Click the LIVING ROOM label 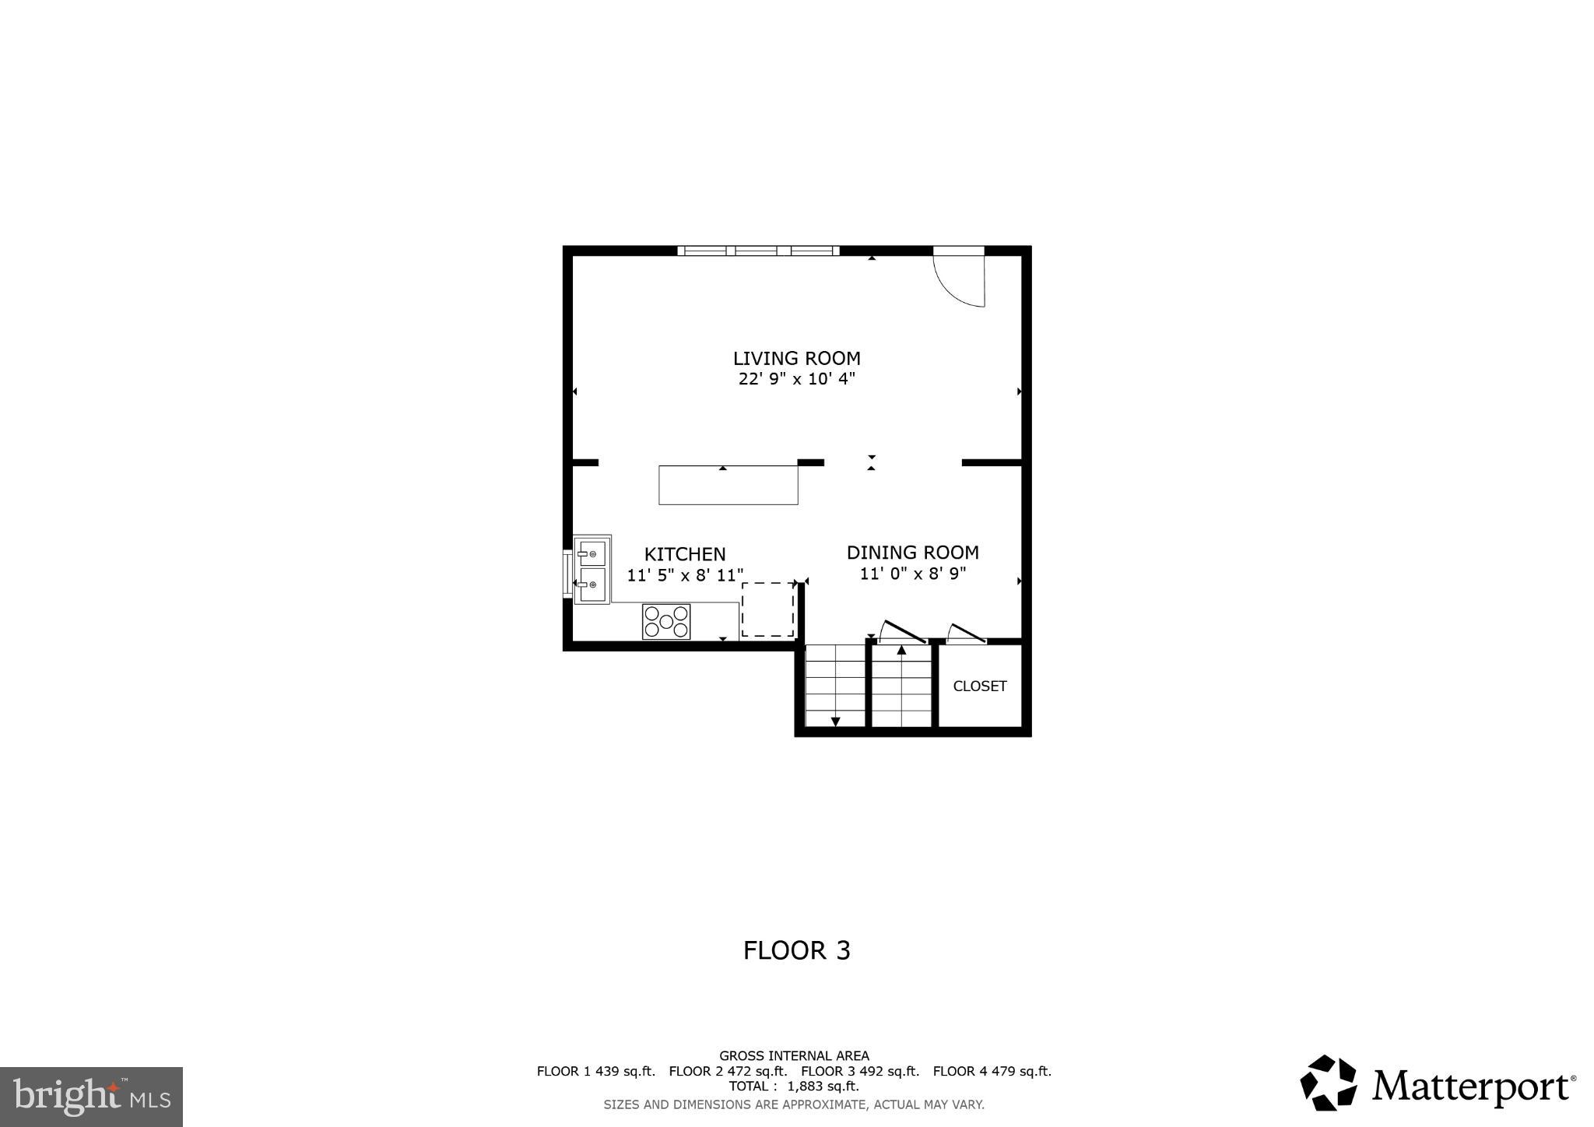click(796, 359)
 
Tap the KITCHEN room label click(685, 554)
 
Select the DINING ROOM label click(912, 553)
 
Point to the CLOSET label click(980, 686)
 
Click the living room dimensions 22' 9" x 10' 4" click(796, 380)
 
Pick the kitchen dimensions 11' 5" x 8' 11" click(685, 576)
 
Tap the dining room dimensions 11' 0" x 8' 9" click(912, 574)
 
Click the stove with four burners click(666, 622)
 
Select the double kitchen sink click(592, 569)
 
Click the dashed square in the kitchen click(767, 609)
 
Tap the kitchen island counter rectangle click(728, 485)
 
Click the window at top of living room click(758, 251)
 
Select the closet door click(966, 634)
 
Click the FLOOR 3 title click(796, 950)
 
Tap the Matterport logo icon click(1328, 1083)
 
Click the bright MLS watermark click(91, 1097)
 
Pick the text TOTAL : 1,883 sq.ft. click(794, 1086)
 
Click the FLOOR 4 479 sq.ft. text click(992, 1071)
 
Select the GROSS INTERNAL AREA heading click(794, 1056)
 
